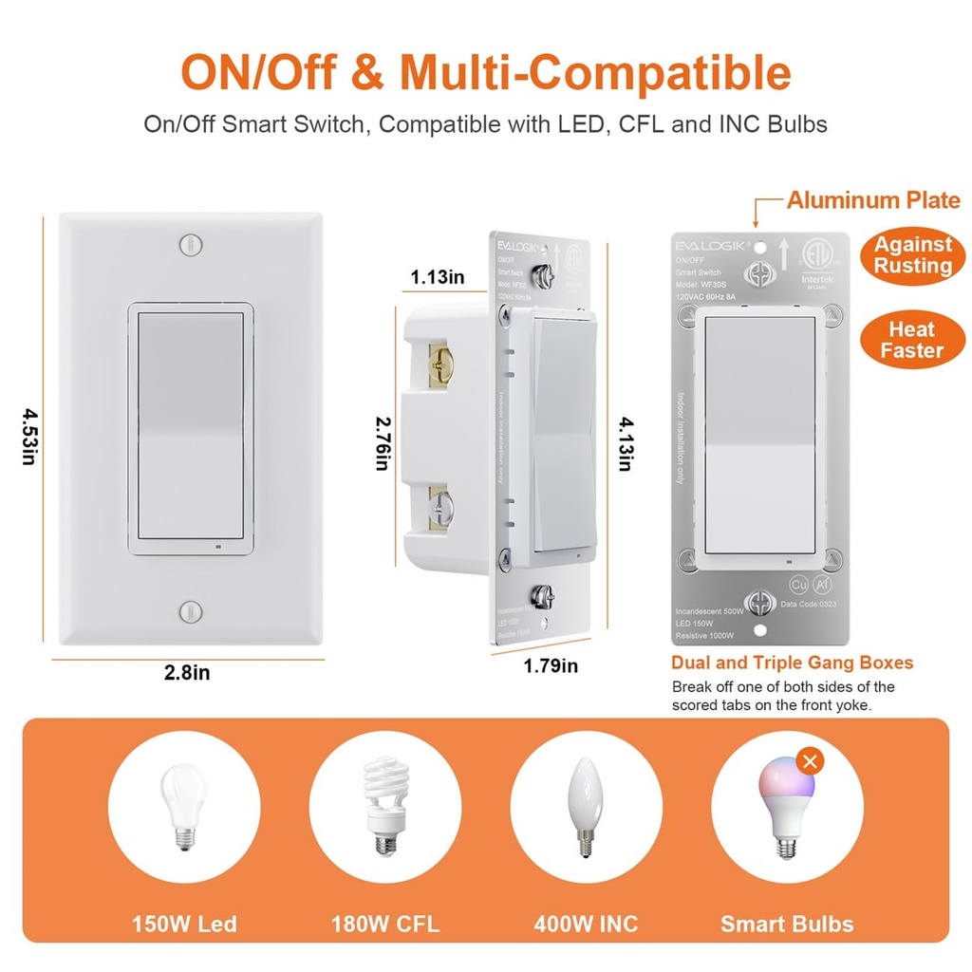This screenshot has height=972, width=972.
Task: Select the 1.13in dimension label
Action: click(438, 277)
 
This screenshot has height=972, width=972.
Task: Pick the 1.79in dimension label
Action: click(551, 665)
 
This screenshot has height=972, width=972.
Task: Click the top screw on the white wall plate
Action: click(191, 243)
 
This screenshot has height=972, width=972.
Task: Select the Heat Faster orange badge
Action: click(912, 340)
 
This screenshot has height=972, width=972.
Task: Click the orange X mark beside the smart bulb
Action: click(809, 761)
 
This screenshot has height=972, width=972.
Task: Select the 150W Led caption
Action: click(184, 923)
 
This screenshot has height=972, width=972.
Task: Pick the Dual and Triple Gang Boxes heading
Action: click(792, 663)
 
